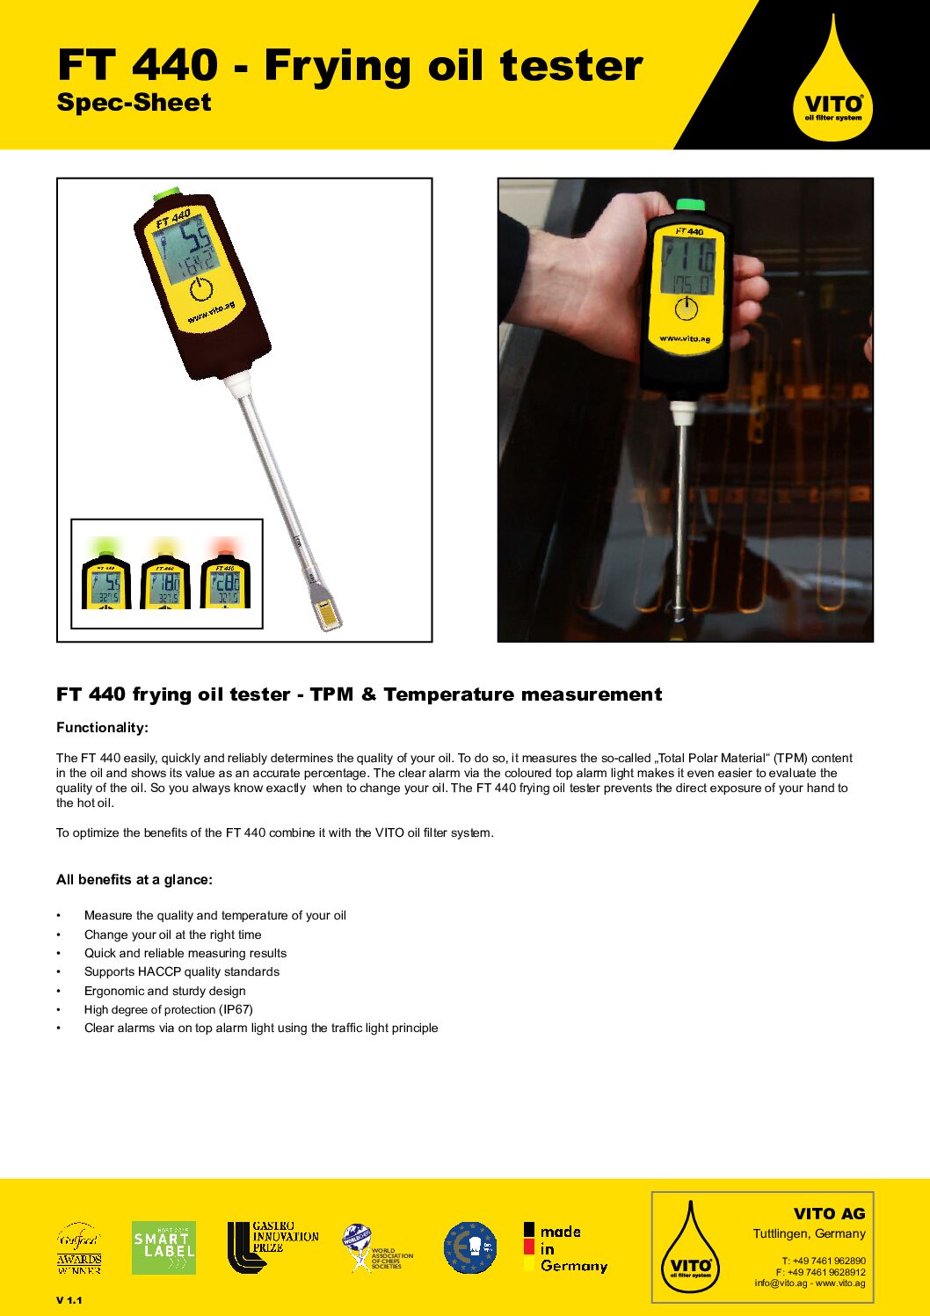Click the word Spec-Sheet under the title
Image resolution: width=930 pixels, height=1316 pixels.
coord(134,103)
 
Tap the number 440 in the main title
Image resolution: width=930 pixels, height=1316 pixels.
coord(175,66)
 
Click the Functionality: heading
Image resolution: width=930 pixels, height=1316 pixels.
coord(102,728)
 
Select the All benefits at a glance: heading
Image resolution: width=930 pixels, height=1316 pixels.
coord(134,880)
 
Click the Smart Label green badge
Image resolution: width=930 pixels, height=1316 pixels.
coord(163,1247)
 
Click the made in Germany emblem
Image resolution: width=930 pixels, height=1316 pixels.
coord(565,1248)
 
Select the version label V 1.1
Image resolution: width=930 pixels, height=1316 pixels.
coord(69,1300)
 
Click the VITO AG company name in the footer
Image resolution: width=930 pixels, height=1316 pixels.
coord(829,1214)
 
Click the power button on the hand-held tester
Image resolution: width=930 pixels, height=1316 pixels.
coord(686,309)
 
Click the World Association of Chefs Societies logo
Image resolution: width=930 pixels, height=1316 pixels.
coord(377,1248)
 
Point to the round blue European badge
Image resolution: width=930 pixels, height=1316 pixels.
coord(470,1247)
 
